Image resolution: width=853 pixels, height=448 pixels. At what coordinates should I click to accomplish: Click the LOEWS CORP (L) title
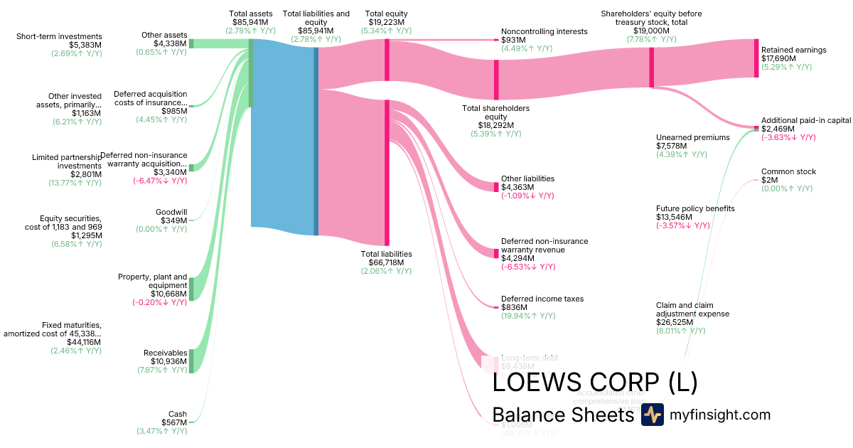coord(594,382)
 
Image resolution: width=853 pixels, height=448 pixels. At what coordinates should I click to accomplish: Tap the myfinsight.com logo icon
coord(652,415)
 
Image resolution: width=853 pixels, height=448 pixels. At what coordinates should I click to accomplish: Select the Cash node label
coord(177,414)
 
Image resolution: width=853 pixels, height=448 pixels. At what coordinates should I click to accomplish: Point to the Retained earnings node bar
coord(756,58)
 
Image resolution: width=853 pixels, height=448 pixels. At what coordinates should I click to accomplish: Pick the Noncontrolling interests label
coord(544,31)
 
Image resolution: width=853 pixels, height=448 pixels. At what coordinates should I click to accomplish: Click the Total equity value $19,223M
coord(386,22)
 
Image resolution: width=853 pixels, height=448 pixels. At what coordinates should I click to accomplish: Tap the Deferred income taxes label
coord(542,299)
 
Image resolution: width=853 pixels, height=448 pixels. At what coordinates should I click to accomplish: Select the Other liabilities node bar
coord(497,186)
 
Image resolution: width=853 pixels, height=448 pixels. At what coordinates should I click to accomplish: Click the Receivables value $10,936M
coord(165,361)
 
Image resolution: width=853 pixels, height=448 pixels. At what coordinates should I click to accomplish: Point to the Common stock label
coord(788,171)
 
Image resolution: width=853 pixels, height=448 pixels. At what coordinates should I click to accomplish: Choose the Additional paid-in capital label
coord(805,120)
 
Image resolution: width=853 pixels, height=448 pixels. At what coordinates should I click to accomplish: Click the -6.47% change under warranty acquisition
coord(160,181)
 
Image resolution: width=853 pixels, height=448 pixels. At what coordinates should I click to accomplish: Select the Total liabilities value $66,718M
coord(386,262)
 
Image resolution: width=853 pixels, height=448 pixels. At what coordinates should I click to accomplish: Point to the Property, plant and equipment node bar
coord(191,289)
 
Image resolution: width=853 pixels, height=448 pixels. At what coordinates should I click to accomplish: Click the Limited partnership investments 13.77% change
coord(76,183)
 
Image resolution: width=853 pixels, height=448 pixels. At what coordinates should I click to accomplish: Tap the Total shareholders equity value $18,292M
coord(495,125)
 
